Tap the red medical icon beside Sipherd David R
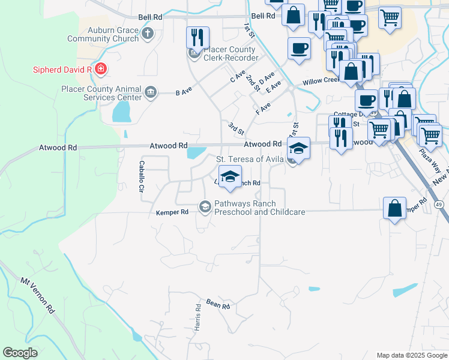[x=101, y=69]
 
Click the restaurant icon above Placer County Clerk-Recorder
[x=197, y=38]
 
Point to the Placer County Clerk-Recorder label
[x=231, y=54]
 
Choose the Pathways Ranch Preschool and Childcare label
[x=259, y=208]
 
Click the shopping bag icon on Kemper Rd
[x=396, y=208]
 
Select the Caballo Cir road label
[x=142, y=176]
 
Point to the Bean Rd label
[x=218, y=306]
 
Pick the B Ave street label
[x=183, y=92]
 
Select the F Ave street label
[x=263, y=108]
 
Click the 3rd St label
[x=236, y=128]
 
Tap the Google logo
[x=20, y=352]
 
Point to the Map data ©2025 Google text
[x=412, y=355]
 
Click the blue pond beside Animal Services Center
[x=121, y=112]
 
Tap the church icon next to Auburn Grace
[x=148, y=34]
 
